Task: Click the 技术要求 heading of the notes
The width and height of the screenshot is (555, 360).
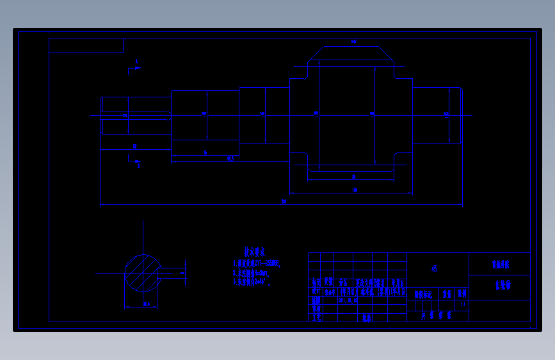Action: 254,252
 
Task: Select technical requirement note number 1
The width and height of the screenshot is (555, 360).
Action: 257,263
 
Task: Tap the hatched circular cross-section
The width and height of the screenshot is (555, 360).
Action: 142,272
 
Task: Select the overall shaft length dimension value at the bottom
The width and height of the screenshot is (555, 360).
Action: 284,202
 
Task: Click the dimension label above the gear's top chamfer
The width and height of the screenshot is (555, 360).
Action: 353,42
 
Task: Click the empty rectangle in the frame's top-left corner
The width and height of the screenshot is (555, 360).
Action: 86,45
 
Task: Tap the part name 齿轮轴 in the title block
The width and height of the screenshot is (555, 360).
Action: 501,286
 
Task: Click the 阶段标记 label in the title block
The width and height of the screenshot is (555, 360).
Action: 423,295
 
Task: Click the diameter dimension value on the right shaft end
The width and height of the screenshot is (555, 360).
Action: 446,114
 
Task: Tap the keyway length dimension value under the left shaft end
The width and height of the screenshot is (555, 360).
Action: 135,147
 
